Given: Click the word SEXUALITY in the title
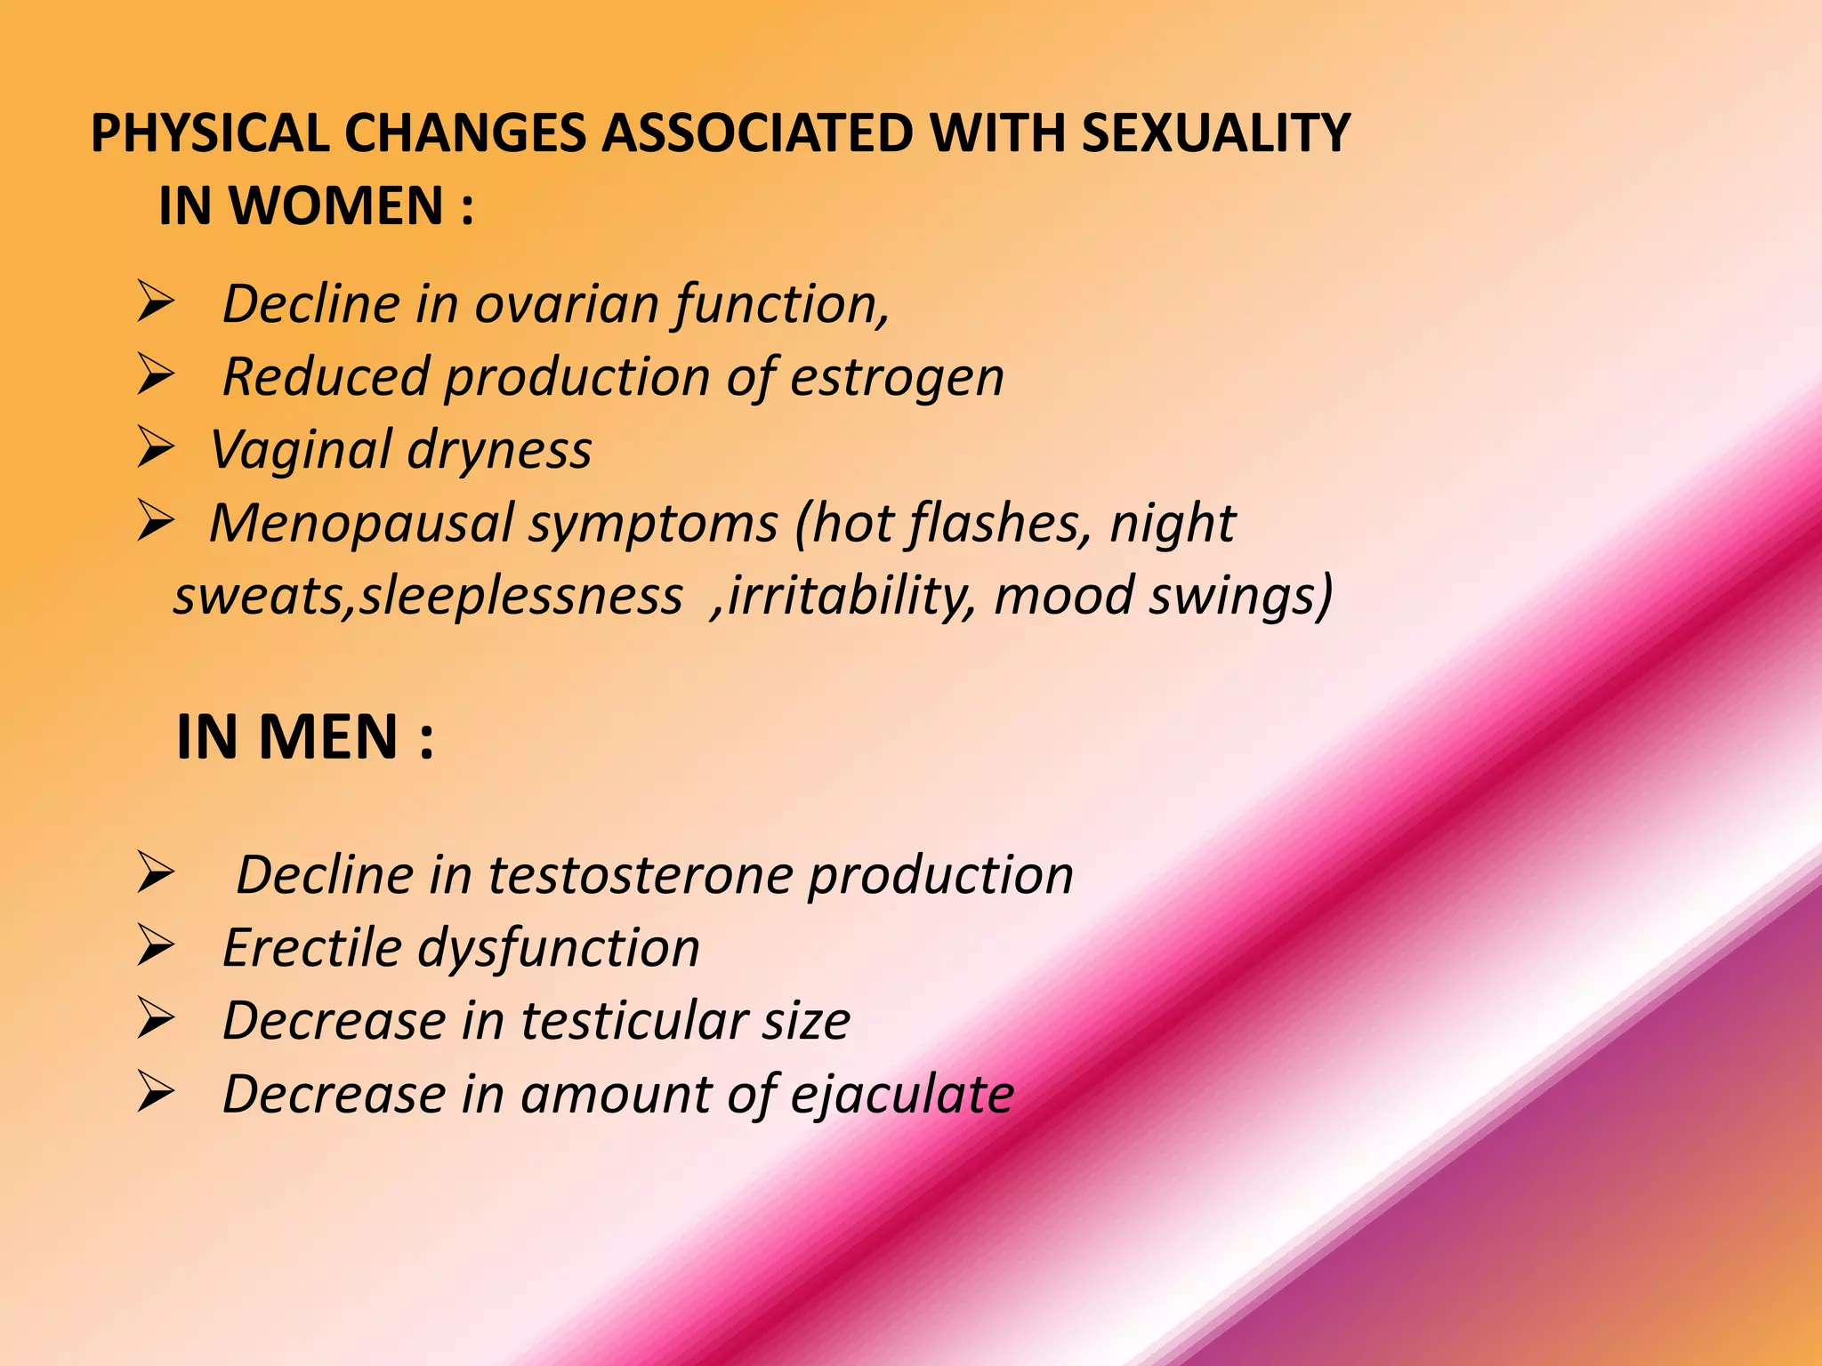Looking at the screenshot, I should coord(1215,134).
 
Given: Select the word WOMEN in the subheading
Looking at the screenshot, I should coord(336,206).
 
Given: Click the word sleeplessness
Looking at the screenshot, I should coord(520,596).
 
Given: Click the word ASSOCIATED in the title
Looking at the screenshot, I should coord(757,134).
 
